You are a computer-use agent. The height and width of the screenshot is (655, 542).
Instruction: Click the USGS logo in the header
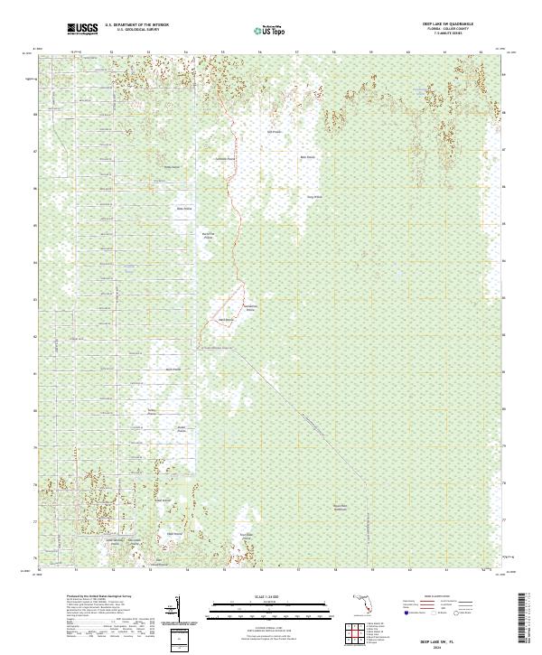(82, 29)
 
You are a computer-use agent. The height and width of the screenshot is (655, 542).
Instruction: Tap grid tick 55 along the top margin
(222, 51)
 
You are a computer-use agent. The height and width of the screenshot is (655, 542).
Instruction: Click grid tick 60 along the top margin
(408, 51)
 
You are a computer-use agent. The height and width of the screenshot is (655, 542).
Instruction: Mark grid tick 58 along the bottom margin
(334, 570)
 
